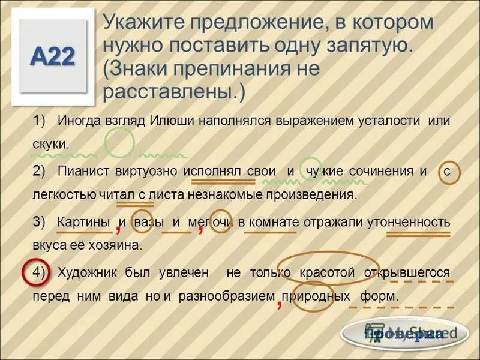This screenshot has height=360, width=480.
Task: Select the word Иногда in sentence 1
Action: point(76,120)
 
